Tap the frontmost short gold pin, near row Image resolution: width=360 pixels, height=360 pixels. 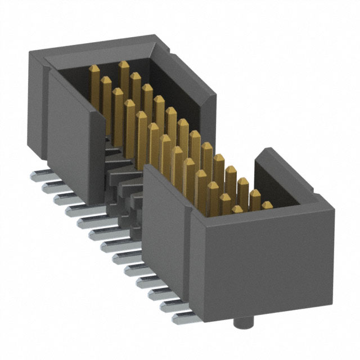237,209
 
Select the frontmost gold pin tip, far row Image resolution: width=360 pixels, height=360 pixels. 267,206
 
